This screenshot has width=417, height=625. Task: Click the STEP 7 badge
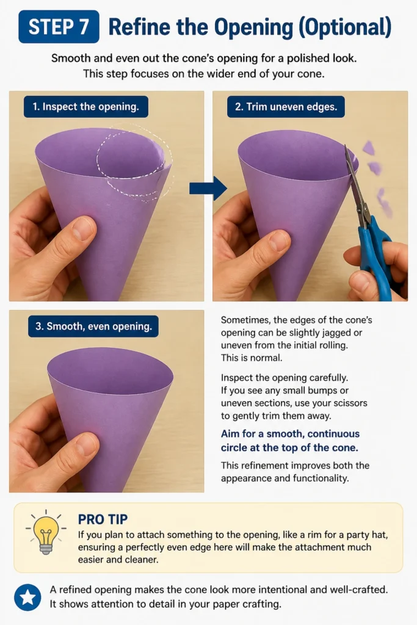59,27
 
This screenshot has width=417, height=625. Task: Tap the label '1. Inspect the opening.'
85,106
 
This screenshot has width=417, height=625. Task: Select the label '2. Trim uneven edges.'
286,106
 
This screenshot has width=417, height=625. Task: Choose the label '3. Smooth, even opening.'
93,327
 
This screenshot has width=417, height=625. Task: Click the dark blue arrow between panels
208,188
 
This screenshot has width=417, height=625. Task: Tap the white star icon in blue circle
27,598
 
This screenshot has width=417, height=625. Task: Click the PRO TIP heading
103,519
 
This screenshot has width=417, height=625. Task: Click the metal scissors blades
355,182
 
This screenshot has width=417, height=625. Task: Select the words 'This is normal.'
252,358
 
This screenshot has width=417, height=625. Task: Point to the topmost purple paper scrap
369,148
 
